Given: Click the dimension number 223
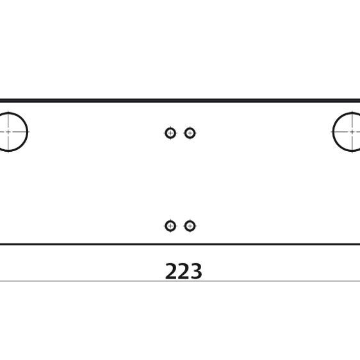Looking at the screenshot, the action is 183,271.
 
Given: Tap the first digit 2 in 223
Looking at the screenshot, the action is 171,271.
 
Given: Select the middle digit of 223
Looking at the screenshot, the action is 183,271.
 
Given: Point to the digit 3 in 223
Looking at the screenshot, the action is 196,271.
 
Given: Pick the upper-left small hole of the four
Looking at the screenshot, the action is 170,133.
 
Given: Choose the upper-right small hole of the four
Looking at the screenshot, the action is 190,133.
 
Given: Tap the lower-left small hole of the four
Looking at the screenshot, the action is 170,226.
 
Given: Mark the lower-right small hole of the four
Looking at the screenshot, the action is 190,226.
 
